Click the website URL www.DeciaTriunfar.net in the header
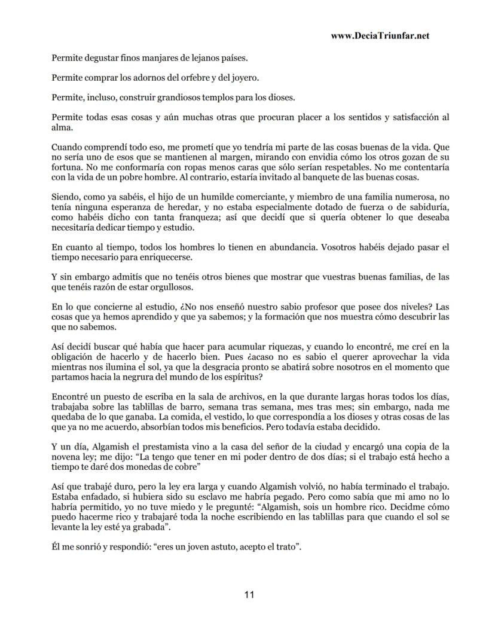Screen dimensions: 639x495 point(380,36)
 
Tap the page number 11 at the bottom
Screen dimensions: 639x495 point(249,595)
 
